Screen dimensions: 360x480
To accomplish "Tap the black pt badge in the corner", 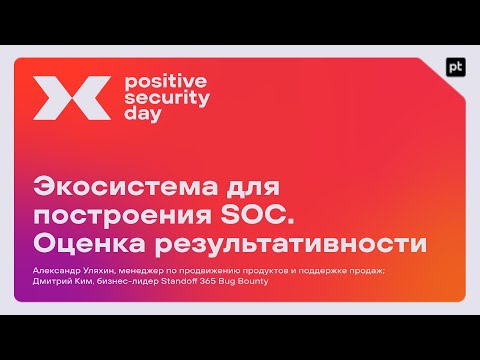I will (x=455, y=68).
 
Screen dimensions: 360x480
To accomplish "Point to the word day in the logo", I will (x=138, y=114).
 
